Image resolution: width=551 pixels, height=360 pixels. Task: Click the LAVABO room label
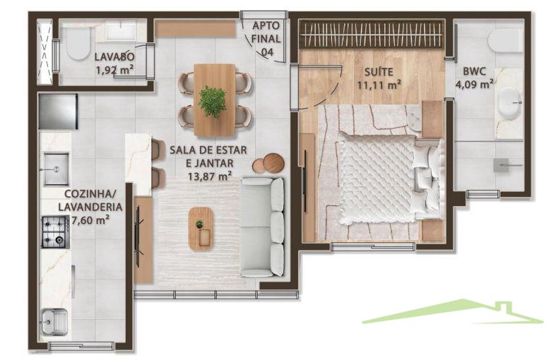[114, 56]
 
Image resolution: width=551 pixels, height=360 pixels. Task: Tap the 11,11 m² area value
[379, 85]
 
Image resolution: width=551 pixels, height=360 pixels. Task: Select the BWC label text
[475, 72]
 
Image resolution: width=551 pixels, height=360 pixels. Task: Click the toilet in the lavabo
[78, 44]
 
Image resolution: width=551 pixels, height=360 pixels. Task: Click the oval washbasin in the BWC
[510, 103]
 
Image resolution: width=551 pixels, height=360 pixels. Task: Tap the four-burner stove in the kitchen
[56, 232]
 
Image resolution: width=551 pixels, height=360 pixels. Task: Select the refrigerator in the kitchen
[58, 112]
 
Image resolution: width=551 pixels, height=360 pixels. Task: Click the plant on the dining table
[212, 101]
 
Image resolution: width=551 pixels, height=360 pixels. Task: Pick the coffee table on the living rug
[201, 229]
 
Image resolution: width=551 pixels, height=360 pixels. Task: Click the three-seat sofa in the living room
[263, 227]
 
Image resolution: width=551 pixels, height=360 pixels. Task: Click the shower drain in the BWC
[501, 165]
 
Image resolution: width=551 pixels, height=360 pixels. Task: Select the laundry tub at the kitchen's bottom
[54, 322]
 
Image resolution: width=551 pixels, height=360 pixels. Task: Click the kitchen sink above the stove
[56, 169]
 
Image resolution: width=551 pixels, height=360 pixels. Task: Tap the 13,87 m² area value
[210, 175]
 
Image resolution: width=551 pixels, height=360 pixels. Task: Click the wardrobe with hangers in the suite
[371, 35]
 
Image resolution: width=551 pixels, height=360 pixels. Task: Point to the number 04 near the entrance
[267, 52]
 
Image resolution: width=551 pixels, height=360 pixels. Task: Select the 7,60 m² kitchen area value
[90, 220]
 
